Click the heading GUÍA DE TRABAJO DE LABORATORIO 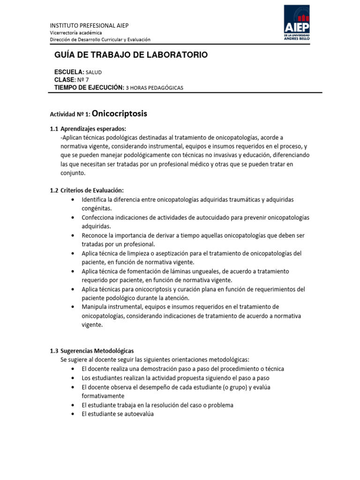pyautogui.click(x=131, y=55)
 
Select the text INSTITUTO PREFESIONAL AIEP pyautogui.click(x=89, y=25)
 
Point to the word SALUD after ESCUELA pyautogui.click(x=94, y=72)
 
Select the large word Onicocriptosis pyautogui.click(x=120, y=113)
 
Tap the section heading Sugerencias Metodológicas pyautogui.click(x=97, y=351)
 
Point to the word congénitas pyautogui.click(x=97, y=209)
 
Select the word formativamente pyautogui.click(x=103, y=396)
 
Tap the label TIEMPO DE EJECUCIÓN pyautogui.click(x=89, y=87)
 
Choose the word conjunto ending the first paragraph pyautogui.click(x=73, y=172)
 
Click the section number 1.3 pyautogui.click(x=54, y=351)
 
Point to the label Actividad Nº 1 pyautogui.click(x=70, y=114)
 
